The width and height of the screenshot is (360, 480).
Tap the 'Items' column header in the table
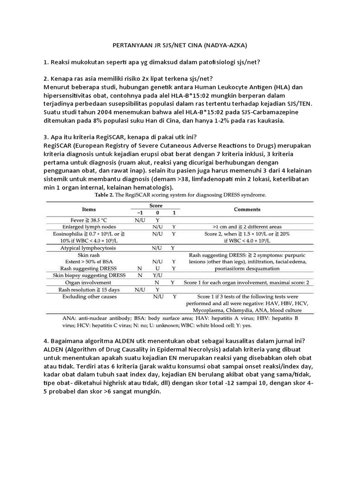click(x=89, y=210)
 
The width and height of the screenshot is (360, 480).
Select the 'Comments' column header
click(x=247, y=210)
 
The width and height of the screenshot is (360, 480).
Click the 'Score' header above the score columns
click(x=156, y=205)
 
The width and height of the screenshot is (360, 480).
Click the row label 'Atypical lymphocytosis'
click(x=89, y=247)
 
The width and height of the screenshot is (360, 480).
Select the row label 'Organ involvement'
click(x=89, y=283)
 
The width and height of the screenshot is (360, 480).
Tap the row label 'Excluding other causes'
click(x=89, y=297)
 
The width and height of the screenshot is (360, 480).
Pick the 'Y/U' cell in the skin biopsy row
click(x=157, y=276)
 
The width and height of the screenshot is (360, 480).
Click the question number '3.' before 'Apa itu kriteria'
click(x=46, y=138)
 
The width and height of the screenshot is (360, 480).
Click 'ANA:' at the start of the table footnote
click(x=70, y=318)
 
